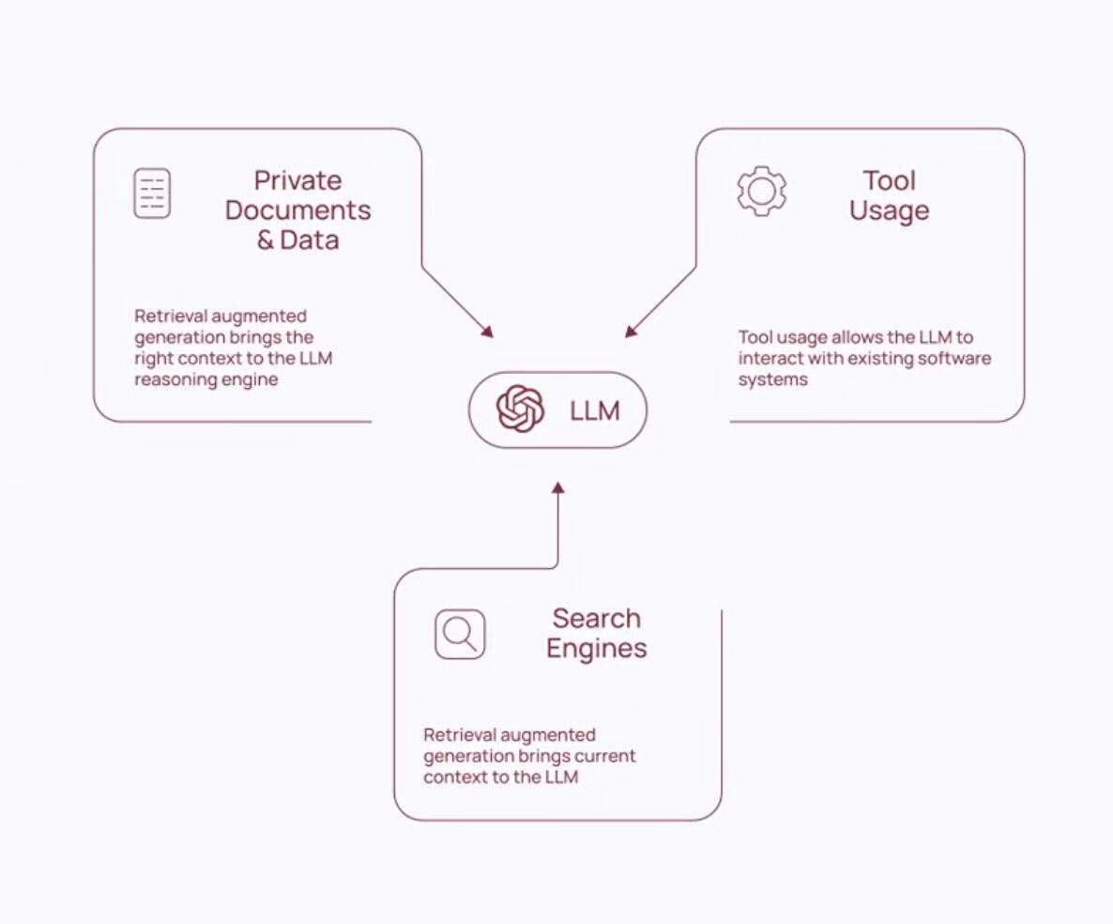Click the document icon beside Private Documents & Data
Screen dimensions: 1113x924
[x=152, y=193]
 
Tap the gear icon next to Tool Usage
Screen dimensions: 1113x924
[x=762, y=191]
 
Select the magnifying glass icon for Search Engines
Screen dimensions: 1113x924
[x=460, y=634]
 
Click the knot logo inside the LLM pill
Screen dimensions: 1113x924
[x=520, y=408]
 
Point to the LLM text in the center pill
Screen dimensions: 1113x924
[x=595, y=410]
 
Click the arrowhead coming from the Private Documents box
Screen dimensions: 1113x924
[x=487, y=331]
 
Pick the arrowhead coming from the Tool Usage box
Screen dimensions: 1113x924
[x=631, y=331]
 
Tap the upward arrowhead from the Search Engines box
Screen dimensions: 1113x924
[x=558, y=487]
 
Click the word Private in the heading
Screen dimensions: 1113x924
[x=297, y=180]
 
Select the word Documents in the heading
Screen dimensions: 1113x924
[x=298, y=210]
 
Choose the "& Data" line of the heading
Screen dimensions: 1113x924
[x=298, y=240]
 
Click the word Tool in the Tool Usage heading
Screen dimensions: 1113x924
[x=890, y=180]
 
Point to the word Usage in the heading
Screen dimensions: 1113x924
[x=890, y=211]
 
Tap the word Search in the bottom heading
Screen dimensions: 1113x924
[x=596, y=619]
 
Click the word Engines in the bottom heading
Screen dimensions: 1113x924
[x=596, y=649]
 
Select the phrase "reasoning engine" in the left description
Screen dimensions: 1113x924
[x=206, y=380]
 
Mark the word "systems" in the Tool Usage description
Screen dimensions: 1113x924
[x=773, y=380]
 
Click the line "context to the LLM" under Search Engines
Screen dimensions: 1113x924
[x=500, y=777]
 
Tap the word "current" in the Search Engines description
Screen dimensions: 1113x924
[x=604, y=756]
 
